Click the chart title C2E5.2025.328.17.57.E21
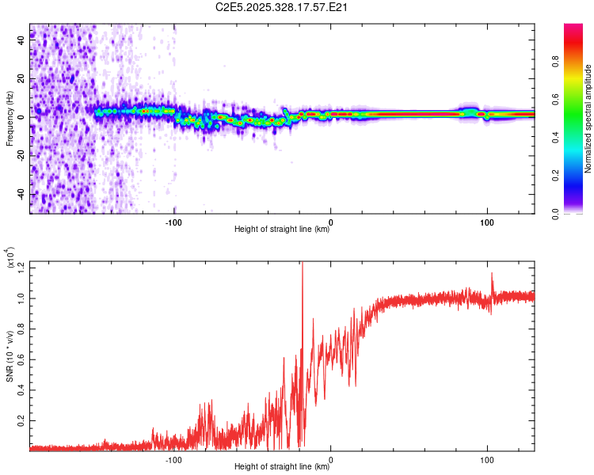tap(283, 8)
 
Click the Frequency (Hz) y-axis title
tap(10, 119)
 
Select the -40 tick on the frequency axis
tap(20, 193)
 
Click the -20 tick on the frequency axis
tap(20, 155)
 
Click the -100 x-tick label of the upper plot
tap(174, 221)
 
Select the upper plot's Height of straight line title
tap(282, 230)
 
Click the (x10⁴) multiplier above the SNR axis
tap(10, 258)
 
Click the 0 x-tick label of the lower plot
tap(330, 458)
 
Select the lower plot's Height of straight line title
tap(282, 467)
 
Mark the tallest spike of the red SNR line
tap(302, 264)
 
